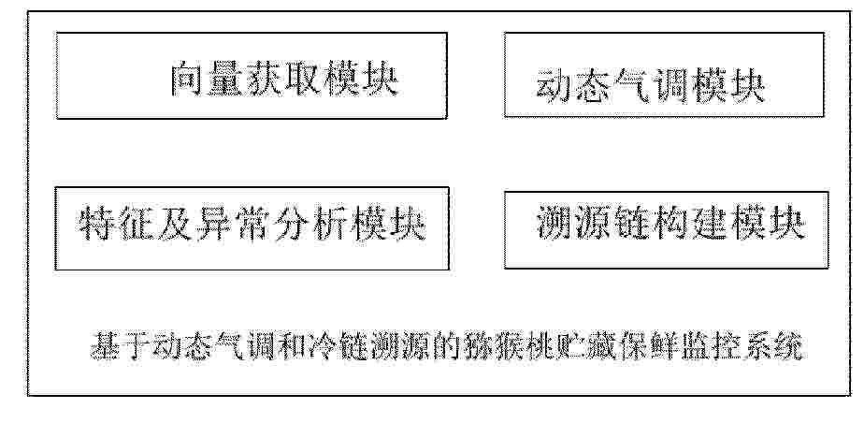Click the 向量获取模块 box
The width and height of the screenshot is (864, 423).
252,76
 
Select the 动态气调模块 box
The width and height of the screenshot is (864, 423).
664,75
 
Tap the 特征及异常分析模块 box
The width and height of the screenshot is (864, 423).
252,229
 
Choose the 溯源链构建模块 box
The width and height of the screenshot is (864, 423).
666,230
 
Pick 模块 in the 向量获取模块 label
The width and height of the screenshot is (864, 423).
361,79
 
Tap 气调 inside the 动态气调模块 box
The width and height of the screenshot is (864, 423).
650,87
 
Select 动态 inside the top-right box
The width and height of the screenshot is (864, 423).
574,87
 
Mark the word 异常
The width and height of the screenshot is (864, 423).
252,225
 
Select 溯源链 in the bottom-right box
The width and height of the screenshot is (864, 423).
594,223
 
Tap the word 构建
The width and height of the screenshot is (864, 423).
689,223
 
